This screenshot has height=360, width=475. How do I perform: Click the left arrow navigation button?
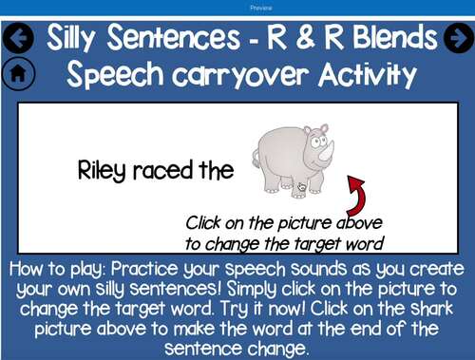point(19,38)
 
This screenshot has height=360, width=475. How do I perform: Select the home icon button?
point(19,73)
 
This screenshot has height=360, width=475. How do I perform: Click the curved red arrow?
point(357,195)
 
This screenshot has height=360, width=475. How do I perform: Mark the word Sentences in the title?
point(181,38)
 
